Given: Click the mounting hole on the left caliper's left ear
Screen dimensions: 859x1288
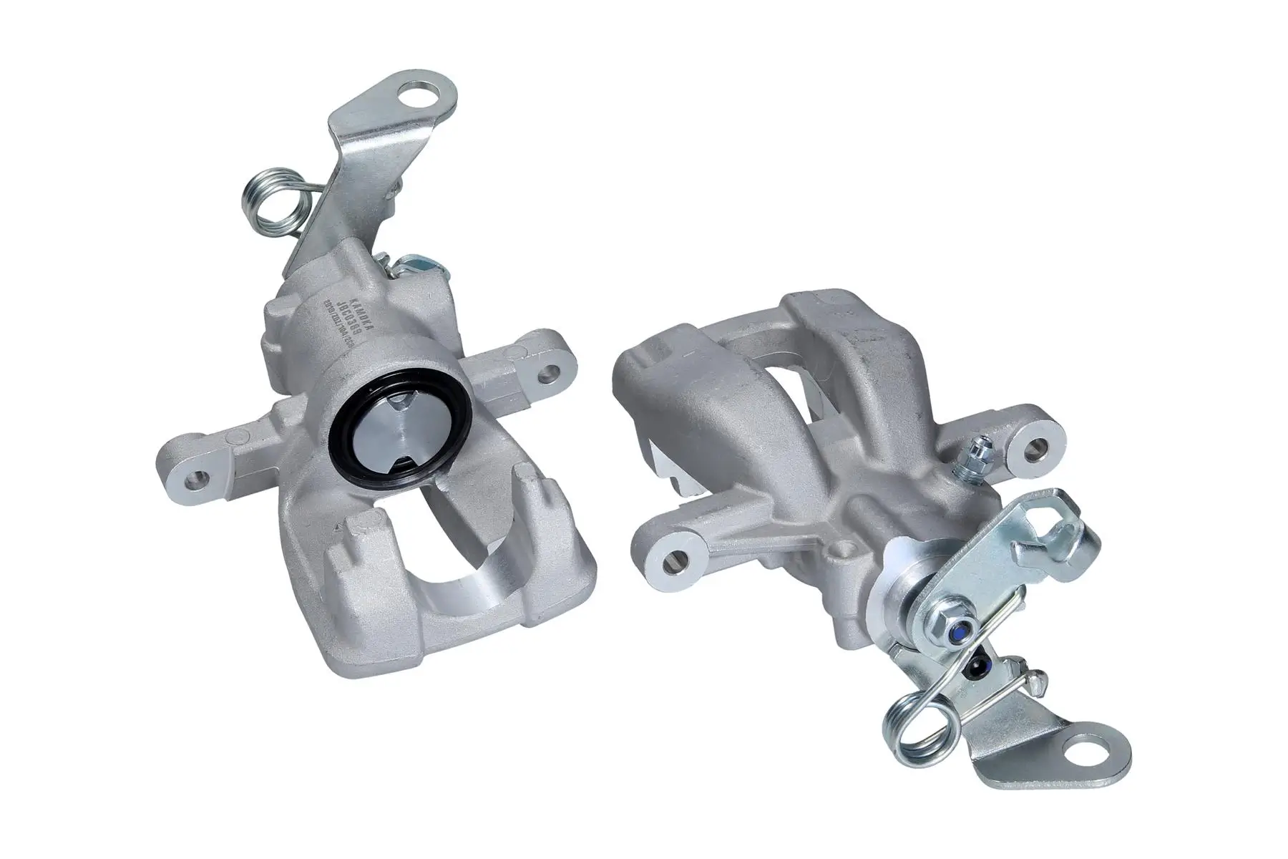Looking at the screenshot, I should coord(194,477).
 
